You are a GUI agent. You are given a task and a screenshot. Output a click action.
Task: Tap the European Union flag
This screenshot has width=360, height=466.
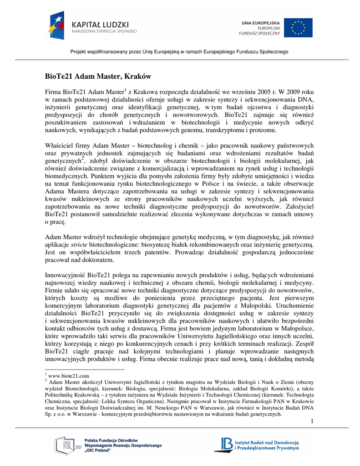[x=298, y=28]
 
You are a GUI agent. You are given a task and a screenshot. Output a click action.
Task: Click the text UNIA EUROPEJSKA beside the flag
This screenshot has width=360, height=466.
[x=261, y=22]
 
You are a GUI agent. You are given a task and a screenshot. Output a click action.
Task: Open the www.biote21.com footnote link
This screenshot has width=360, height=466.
[x=68, y=376]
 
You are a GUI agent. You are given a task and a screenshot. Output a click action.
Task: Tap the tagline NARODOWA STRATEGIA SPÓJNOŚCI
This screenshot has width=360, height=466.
[x=104, y=31]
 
